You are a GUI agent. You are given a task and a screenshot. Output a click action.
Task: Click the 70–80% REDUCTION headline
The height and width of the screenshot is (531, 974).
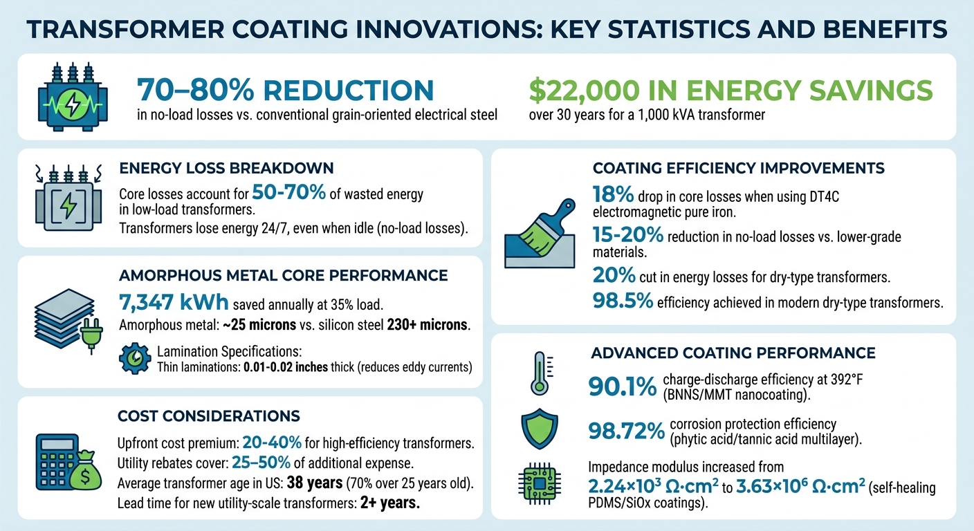(x=285, y=91)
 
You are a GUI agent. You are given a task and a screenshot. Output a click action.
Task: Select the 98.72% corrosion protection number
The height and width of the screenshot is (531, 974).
(x=625, y=431)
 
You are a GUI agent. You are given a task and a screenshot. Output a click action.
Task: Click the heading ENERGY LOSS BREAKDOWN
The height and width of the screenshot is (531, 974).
(x=226, y=168)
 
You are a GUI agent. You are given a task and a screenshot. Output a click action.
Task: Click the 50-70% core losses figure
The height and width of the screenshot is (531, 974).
(x=289, y=193)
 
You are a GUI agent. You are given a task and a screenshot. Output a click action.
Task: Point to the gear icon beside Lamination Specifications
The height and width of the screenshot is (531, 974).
(x=134, y=357)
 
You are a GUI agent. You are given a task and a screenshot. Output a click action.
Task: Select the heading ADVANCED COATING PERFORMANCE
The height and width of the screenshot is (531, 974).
(x=733, y=353)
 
